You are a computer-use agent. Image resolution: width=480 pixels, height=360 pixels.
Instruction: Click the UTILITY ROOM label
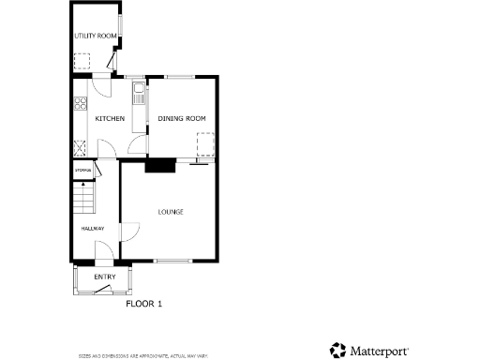tap(95, 36)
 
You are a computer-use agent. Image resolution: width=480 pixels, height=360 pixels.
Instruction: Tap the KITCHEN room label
tap(110, 118)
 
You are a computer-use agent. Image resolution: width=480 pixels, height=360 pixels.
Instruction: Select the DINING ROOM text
tap(181, 118)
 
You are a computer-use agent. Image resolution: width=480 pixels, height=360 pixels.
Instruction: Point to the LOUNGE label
tap(170, 212)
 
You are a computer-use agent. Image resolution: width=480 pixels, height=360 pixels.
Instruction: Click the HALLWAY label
tap(92, 229)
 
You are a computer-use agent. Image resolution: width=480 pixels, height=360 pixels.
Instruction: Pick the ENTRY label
tap(104, 277)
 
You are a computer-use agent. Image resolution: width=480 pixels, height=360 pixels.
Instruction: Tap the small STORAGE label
tap(83, 170)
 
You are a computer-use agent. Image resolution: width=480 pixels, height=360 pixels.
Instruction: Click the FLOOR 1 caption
tap(144, 304)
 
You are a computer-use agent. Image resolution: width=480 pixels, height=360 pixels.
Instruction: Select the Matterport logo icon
tap(337, 351)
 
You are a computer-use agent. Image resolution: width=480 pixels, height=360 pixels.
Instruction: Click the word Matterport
tap(379, 352)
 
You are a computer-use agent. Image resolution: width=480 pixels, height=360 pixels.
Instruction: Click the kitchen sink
tap(138, 93)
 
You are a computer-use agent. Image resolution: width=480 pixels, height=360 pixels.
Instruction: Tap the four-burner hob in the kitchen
tap(82, 104)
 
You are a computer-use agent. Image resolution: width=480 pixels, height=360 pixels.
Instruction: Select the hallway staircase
tap(85, 199)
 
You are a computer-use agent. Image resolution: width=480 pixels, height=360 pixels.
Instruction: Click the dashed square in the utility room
tap(83, 63)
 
